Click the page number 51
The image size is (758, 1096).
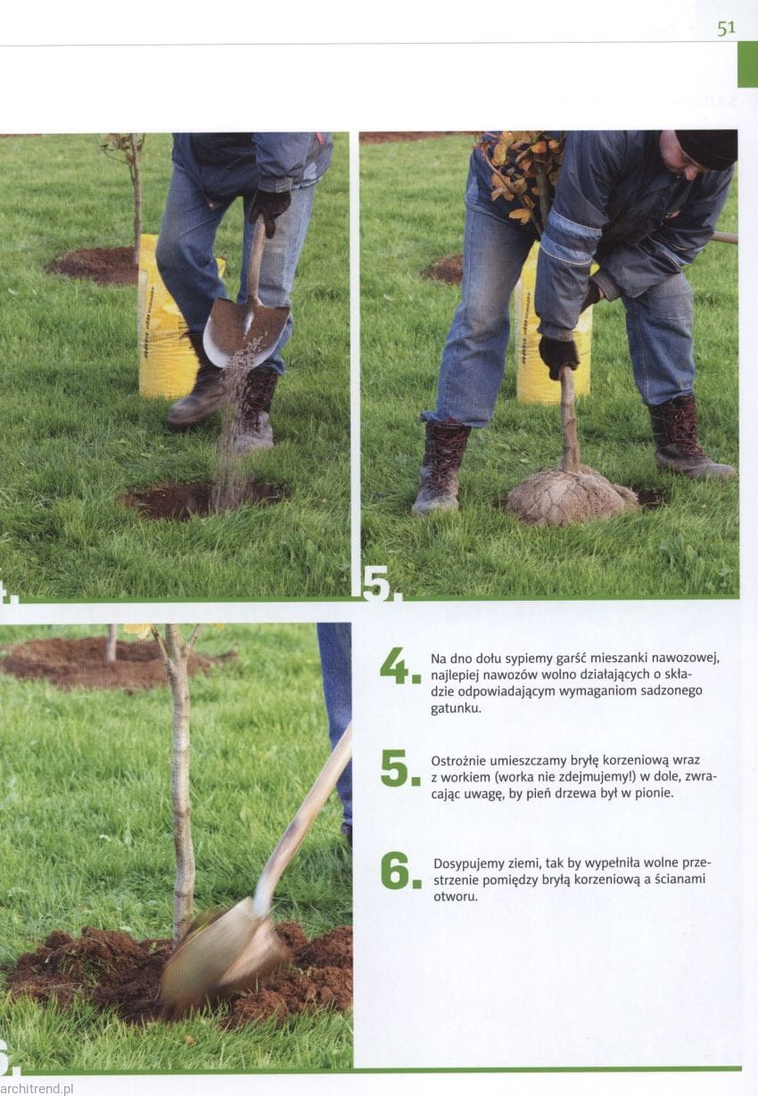(726, 29)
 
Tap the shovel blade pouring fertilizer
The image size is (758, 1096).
(246, 331)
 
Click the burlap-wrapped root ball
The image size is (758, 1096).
(572, 495)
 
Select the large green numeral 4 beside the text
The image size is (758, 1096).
(400, 666)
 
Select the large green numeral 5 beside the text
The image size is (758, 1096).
(400, 768)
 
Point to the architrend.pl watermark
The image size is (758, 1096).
(37, 1088)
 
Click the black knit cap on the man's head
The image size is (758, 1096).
(706, 148)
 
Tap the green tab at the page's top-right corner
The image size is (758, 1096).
(747, 64)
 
